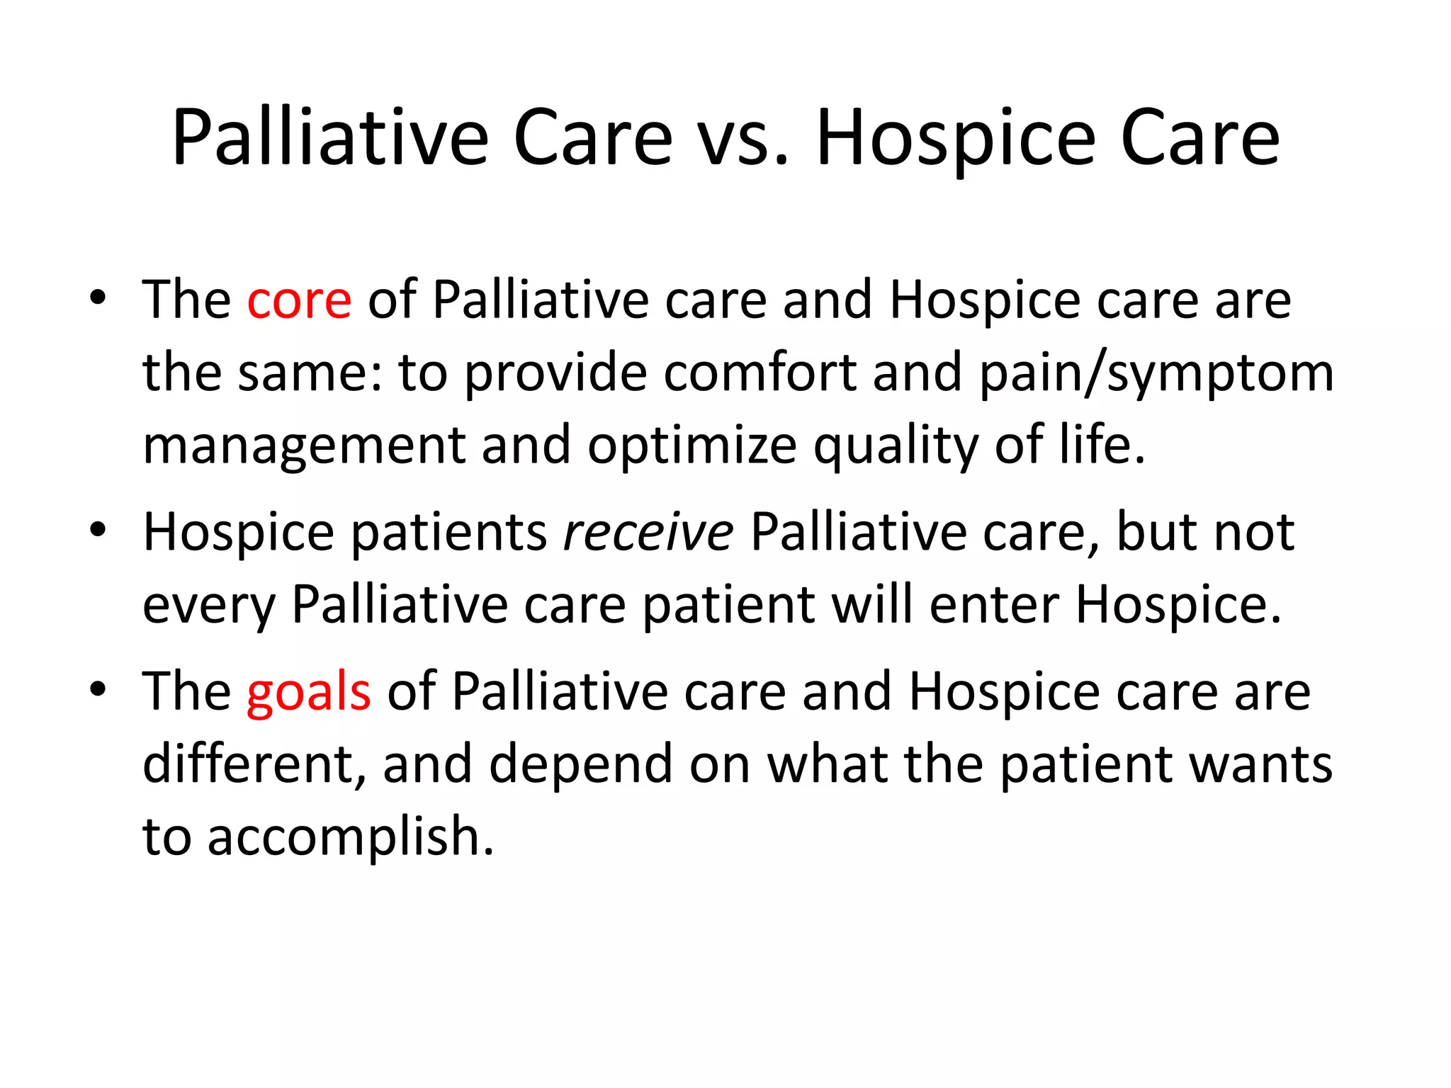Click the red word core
pos(298,301)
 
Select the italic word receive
pos(648,533)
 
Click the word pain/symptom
pos(1156,374)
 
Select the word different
pos(254,765)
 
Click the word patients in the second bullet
pos(448,533)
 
